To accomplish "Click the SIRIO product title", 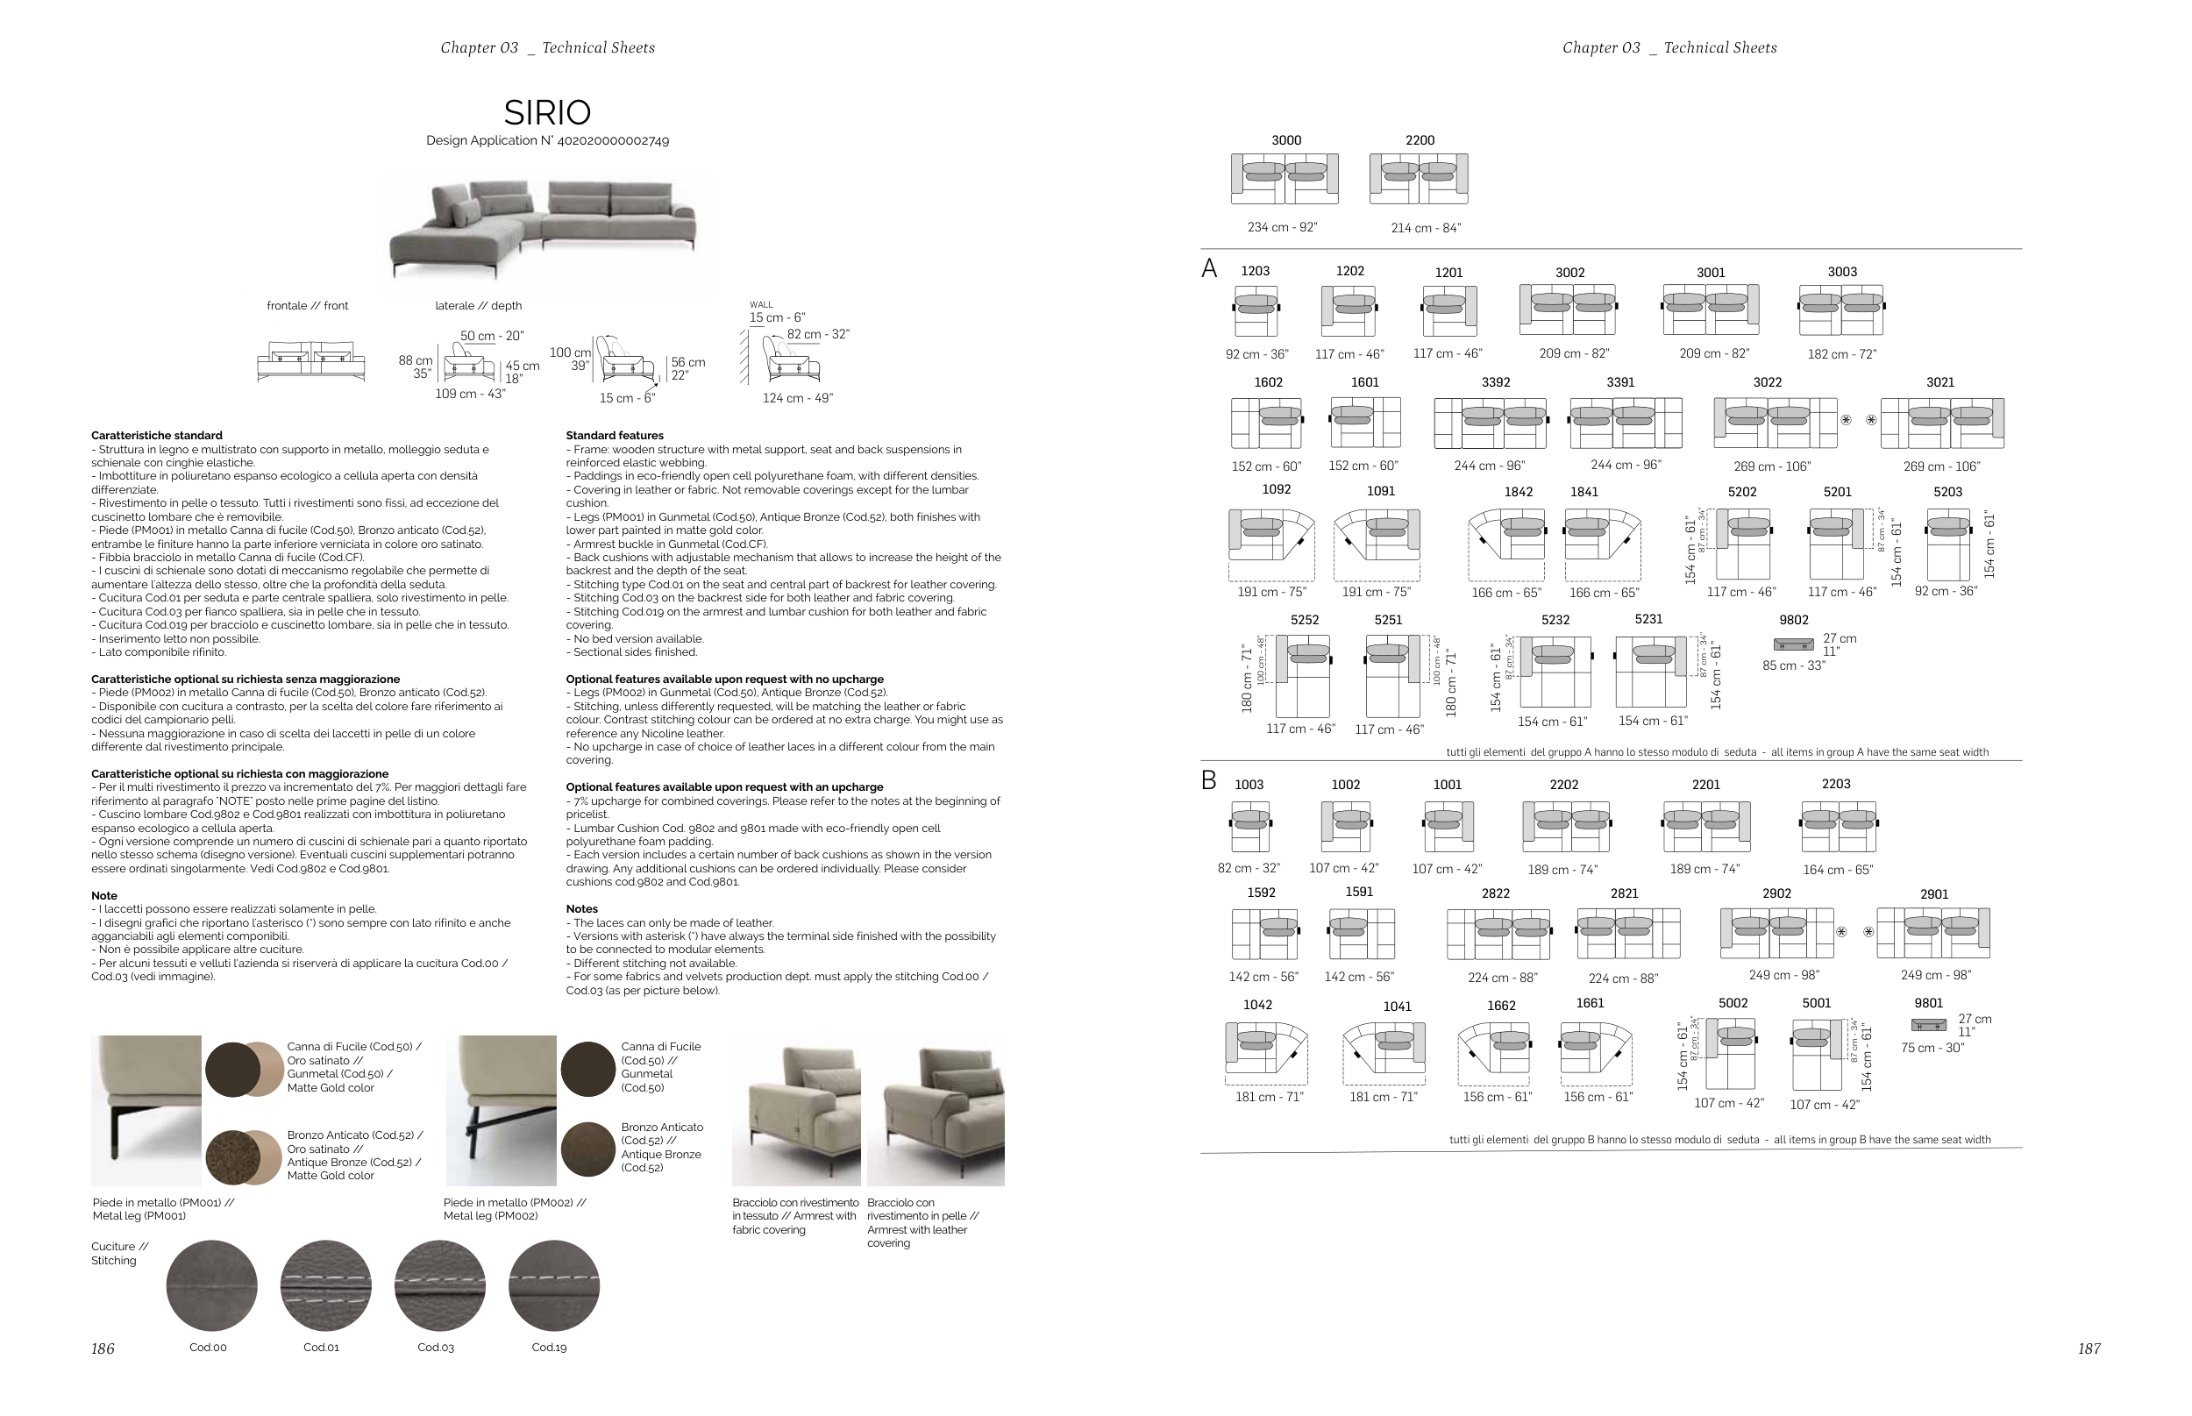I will coord(547,112).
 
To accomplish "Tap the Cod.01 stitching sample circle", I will coord(325,1284).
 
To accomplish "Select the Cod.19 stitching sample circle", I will coord(553,1284).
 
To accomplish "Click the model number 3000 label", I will coord(1285,139).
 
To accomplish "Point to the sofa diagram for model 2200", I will coord(1418,178).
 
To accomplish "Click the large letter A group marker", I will coord(1209,268).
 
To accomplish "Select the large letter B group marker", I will coord(1208,780).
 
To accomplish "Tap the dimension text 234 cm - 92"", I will coord(1282,227).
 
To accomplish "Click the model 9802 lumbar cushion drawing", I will coord(1793,644).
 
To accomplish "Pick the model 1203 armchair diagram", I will coord(1256,310).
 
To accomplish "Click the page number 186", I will coord(103,1348).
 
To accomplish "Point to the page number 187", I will coord(2089,1348).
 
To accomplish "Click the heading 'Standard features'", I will coord(615,435).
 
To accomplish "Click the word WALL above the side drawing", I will coord(761,304).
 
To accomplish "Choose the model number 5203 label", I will coord(1947,492).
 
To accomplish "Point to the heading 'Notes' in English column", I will coord(582,908).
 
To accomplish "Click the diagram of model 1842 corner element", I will coord(1506,536).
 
